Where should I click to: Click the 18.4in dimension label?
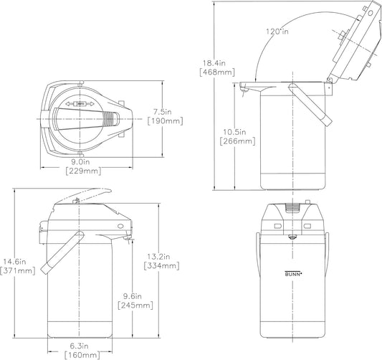214,63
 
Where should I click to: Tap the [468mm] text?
217,72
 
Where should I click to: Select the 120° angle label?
277,32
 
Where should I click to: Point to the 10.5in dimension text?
235,132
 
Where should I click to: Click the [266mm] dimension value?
237,141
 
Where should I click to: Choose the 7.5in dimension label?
162,112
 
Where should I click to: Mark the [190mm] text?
165,121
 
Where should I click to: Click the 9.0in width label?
80,161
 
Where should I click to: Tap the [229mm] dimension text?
83,171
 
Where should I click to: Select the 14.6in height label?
14,262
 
